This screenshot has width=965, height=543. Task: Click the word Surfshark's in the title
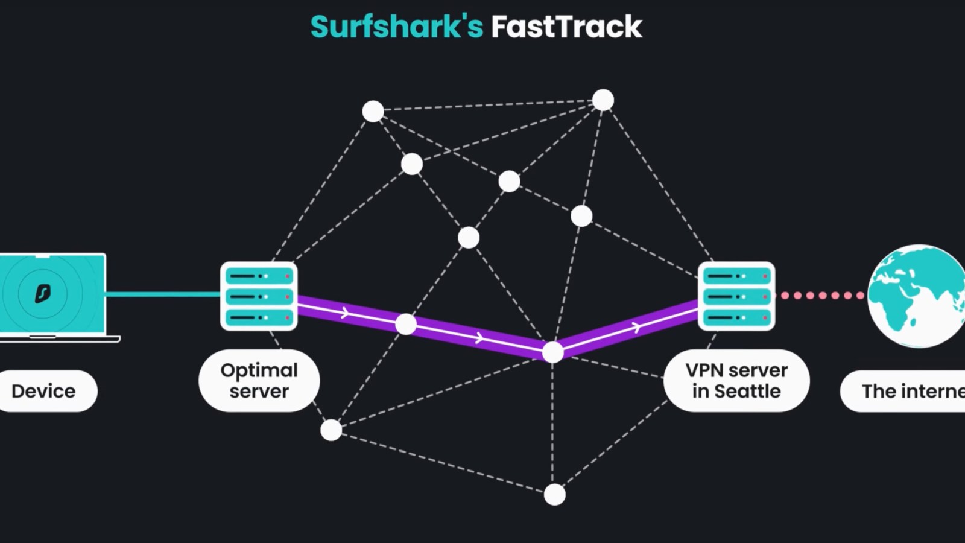pyautogui.click(x=396, y=27)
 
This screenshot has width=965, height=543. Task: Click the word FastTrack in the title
pyautogui.click(x=566, y=27)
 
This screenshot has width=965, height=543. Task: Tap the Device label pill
pyautogui.click(x=44, y=391)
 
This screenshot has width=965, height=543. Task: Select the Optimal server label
pyautogui.click(x=259, y=381)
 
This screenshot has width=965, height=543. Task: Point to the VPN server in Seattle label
pyautogui.click(x=736, y=381)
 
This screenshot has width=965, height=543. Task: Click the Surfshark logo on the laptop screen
pyautogui.click(x=42, y=294)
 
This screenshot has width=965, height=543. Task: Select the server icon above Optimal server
pyautogui.click(x=259, y=296)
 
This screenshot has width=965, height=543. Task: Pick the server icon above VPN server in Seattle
pyautogui.click(x=736, y=296)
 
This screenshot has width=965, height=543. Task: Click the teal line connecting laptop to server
pyautogui.click(x=163, y=294)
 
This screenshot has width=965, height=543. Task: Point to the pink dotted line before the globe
pyautogui.click(x=822, y=296)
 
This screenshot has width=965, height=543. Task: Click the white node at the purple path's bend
pyautogui.click(x=552, y=352)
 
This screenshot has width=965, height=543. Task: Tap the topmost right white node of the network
pyautogui.click(x=603, y=100)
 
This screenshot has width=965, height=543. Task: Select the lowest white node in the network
pyautogui.click(x=555, y=495)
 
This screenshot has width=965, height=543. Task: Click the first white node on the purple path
pyautogui.click(x=406, y=325)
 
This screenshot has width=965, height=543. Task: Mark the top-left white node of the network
pyautogui.click(x=373, y=111)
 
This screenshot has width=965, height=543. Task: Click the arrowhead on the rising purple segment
pyautogui.click(x=636, y=328)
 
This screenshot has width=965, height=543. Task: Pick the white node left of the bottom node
pyautogui.click(x=331, y=430)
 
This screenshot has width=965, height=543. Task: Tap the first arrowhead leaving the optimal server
pyautogui.click(x=345, y=313)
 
